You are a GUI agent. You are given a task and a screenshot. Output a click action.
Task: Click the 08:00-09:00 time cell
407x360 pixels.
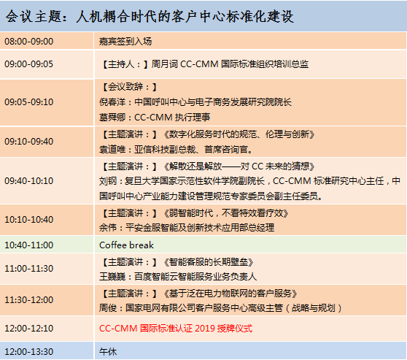tap(29, 42)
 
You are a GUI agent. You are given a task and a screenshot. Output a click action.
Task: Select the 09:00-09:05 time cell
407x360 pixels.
tap(29, 64)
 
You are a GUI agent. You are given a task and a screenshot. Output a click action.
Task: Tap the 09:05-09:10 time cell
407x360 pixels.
tap(29, 102)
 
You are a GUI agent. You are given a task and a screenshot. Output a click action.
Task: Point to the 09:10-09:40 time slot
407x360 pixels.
tap(29, 142)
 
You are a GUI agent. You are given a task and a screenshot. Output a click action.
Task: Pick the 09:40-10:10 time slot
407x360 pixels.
tap(29, 180)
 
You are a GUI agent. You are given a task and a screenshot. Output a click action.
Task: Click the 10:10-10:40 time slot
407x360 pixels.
tap(29, 220)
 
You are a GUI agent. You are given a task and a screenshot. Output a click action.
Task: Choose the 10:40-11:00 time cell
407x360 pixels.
tap(29, 245)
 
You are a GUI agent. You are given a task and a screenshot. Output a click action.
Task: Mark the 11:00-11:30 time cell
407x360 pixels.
tap(29, 269)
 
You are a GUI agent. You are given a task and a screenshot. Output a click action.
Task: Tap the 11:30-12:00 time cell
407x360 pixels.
tap(29, 300)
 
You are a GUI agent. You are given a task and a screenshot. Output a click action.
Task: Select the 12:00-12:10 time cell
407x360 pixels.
tap(29, 329)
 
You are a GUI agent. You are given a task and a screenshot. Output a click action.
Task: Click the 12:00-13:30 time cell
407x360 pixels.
tap(29, 352)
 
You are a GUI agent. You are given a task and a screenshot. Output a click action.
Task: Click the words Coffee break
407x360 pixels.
tap(126, 245)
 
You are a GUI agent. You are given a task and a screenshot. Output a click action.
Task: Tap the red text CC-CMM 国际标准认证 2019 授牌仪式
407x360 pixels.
tap(176, 329)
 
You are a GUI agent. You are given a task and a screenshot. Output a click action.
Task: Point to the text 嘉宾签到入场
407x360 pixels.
tap(125, 42)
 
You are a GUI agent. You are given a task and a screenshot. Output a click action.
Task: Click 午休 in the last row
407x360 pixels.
tap(108, 352)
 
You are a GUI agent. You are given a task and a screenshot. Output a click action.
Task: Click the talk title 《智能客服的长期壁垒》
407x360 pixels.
tap(208, 262)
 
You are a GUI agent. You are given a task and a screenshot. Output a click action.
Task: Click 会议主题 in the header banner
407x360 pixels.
tap(34, 17)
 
